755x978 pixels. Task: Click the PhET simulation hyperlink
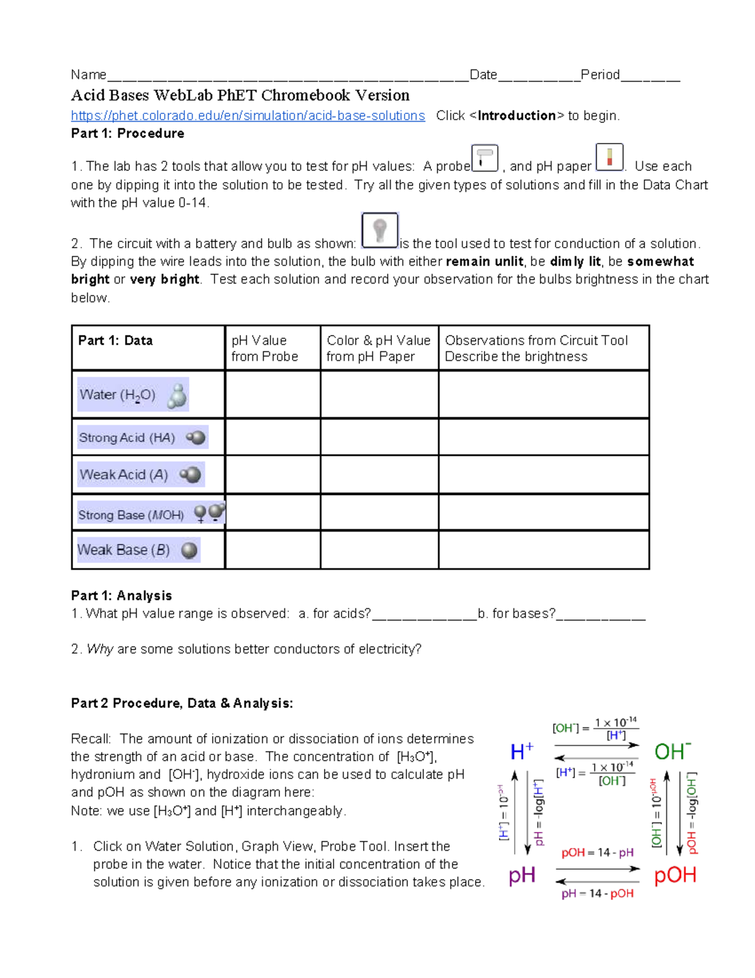[248, 116]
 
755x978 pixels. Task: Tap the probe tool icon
[484, 157]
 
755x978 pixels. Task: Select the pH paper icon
[609, 157]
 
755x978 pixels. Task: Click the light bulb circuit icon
[379, 230]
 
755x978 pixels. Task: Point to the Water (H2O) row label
[133, 395]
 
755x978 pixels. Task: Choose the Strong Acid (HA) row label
[142, 438]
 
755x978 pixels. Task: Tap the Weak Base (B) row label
[138, 550]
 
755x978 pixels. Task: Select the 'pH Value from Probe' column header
[265, 348]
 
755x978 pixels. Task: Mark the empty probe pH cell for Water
[272, 395]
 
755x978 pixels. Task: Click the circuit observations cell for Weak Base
[543, 550]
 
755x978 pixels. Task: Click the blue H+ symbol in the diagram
[522, 751]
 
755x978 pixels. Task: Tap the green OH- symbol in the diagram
[672, 751]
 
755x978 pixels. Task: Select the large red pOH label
[674, 875]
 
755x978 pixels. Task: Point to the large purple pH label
[522, 875]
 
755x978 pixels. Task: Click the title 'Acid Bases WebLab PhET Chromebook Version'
[240, 96]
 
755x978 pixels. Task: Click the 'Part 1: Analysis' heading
[121, 596]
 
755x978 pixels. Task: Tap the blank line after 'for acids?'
[424, 615]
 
